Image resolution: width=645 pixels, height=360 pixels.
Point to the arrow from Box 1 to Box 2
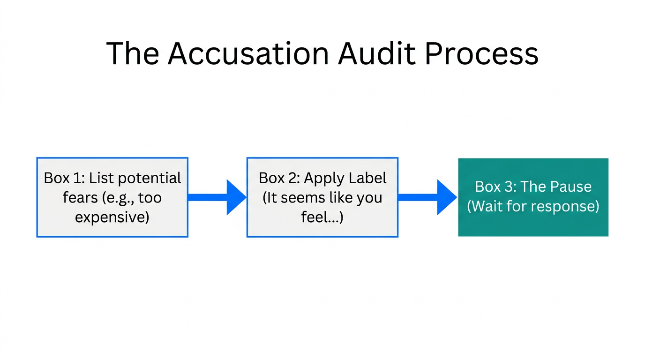[217, 197]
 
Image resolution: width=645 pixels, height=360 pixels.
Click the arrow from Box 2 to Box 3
[427, 197]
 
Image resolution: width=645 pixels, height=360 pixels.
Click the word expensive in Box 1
[112, 217]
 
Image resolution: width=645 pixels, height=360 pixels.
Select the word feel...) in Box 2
[322, 217]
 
